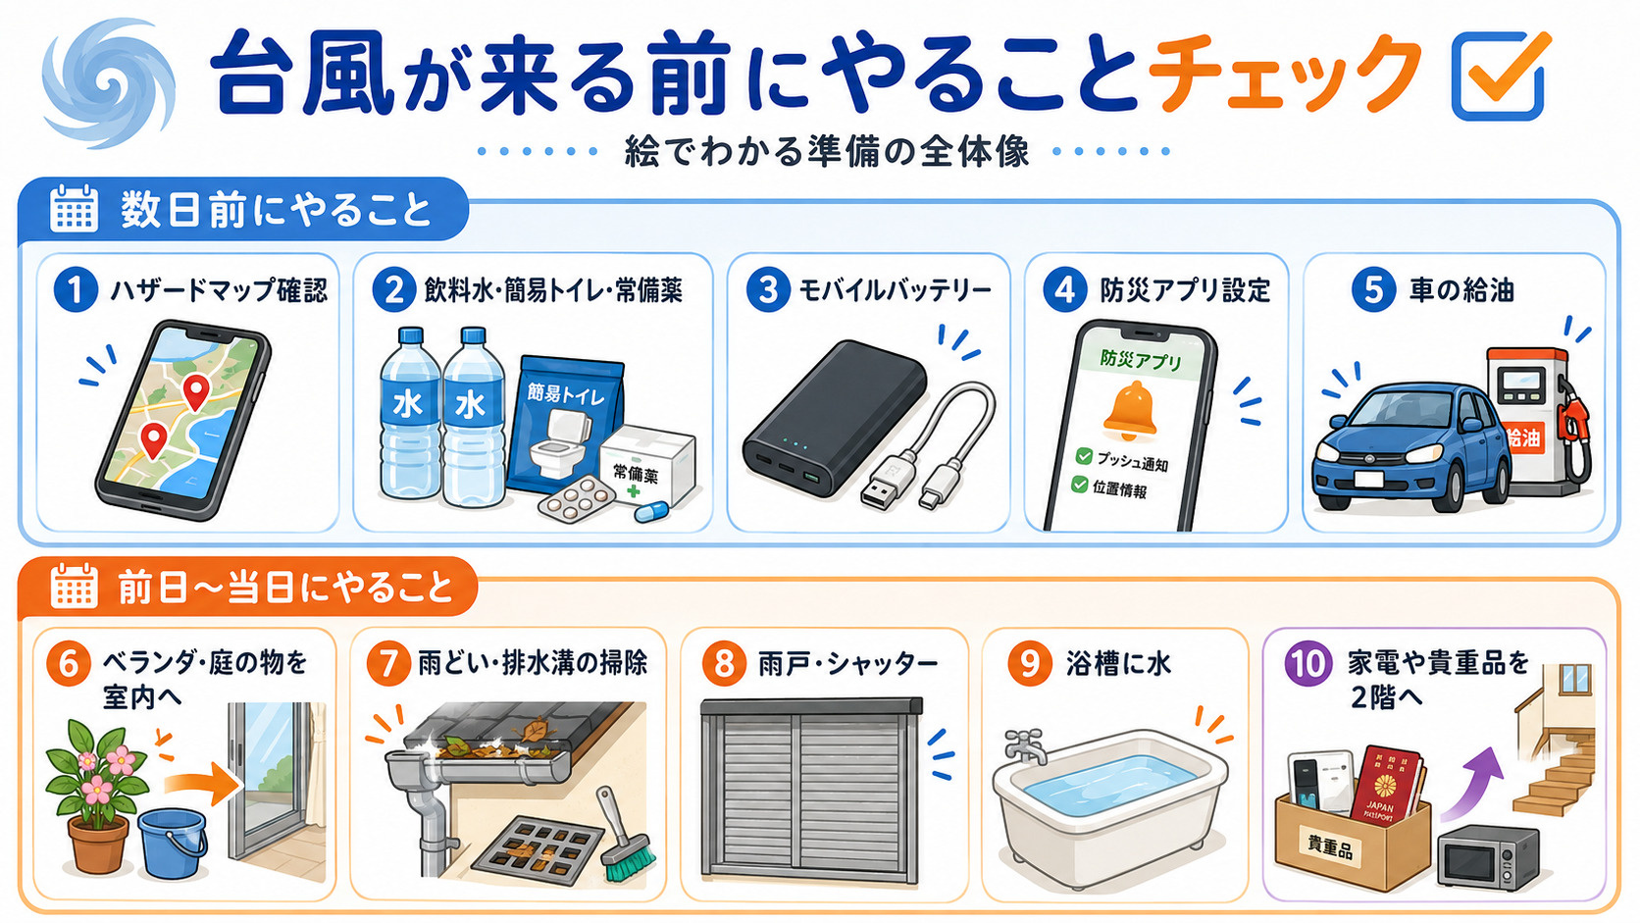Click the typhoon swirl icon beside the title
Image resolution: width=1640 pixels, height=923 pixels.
pyautogui.click(x=108, y=82)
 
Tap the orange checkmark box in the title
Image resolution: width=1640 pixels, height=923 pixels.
pyautogui.click(x=1498, y=76)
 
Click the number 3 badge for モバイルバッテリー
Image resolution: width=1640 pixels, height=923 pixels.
pyautogui.click(x=767, y=290)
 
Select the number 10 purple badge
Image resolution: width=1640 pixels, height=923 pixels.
pyautogui.click(x=1307, y=664)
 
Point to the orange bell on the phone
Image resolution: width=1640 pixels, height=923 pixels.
pyautogui.click(x=1128, y=411)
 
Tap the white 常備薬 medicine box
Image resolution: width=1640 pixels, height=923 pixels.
pyautogui.click(x=648, y=464)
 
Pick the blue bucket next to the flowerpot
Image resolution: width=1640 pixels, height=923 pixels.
pyautogui.click(x=173, y=843)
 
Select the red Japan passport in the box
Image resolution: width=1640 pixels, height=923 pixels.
pyautogui.click(x=1387, y=786)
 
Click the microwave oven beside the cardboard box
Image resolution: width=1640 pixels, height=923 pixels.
pyautogui.click(x=1488, y=856)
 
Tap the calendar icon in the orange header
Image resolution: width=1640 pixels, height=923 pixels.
pyautogui.click(x=74, y=586)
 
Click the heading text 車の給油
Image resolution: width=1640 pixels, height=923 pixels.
pyautogui.click(x=1461, y=290)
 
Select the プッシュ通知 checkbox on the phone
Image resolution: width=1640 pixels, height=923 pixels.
pyautogui.click(x=1084, y=457)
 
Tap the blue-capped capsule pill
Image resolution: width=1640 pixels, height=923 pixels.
pyautogui.click(x=651, y=511)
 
